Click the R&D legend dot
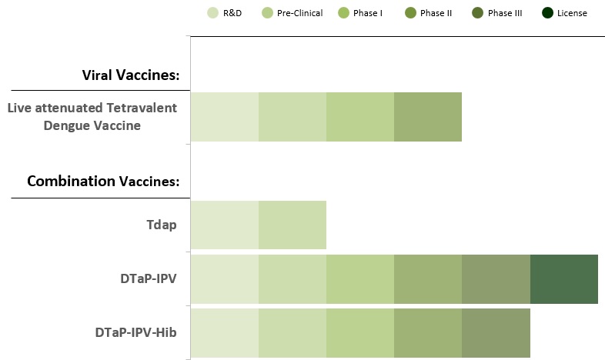pos(212,13)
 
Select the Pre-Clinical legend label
pos(299,13)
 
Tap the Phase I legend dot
pos(343,13)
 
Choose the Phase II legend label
pos(436,13)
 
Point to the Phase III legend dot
pos(478,13)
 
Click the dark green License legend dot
pos(547,13)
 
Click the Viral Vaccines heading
pos(131,75)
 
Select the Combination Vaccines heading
pos(103,181)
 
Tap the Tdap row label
pos(162,225)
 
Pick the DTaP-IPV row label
pos(149,278)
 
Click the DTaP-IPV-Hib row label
pos(135,332)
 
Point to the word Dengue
pos(67,125)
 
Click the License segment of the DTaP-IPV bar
pos(564,279)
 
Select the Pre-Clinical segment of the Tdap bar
pos(292,225)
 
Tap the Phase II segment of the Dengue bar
pos(428,117)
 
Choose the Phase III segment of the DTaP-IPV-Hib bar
pos(496,333)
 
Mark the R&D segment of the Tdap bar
pos(225,225)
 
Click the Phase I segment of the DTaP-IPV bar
pos(360,279)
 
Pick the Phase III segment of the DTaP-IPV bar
pos(496,279)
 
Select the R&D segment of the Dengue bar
pos(225,117)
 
